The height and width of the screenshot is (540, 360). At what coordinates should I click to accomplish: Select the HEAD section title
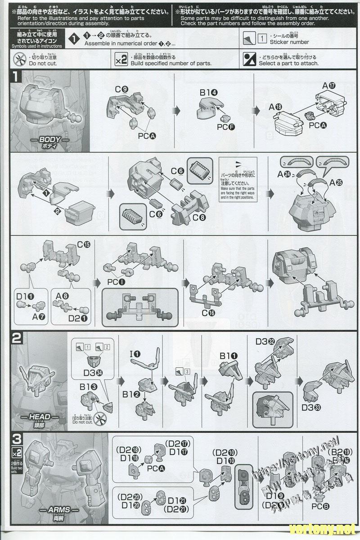[x=39, y=417]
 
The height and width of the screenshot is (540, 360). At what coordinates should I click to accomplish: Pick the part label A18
[x=275, y=107]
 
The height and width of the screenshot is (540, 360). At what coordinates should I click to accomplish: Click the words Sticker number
[x=289, y=42]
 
